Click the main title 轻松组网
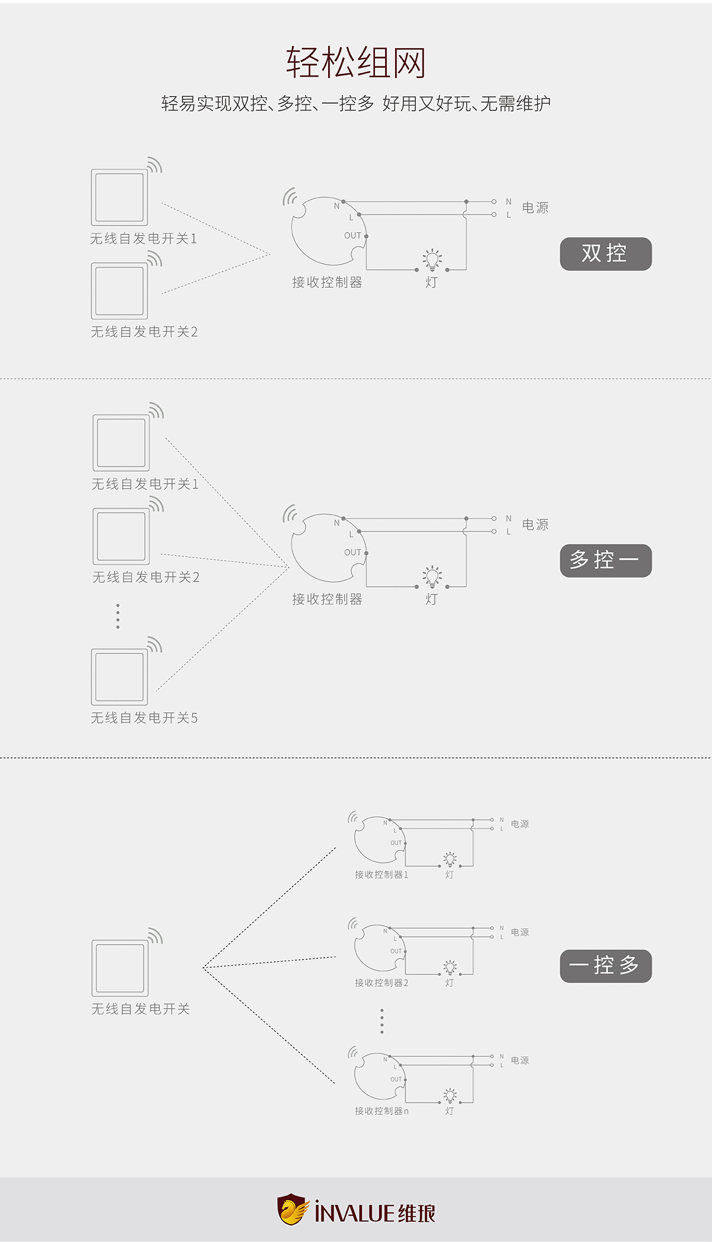[356, 62]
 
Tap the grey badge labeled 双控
[605, 254]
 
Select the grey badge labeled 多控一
[605, 560]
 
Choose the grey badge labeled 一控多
[605, 966]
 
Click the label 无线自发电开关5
[144, 718]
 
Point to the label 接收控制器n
[382, 1111]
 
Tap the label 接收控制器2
[382, 983]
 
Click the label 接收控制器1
[382, 875]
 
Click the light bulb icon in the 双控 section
[432, 260]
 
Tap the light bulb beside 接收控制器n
[450, 1095]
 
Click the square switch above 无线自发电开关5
[119, 677]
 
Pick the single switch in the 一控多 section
[120, 968]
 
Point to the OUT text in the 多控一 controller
[352, 552]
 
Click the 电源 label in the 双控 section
[535, 208]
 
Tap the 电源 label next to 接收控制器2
[520, 932]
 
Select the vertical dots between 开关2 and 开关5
[118, 616]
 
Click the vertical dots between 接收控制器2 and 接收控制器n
[382, 1021]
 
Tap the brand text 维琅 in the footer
[417, 1214]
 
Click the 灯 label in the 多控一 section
[431, 599]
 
